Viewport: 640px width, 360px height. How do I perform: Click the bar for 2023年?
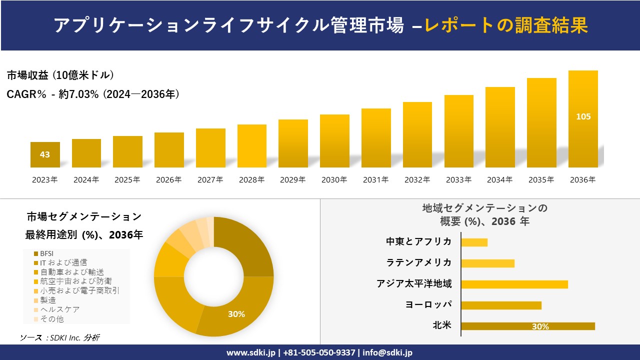[x=45, y=154]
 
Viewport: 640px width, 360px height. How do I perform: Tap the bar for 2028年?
[x=252, y=146]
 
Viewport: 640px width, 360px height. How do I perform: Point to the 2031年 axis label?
[x=375, y=180]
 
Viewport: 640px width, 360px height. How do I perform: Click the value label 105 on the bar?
[x=583, y=116]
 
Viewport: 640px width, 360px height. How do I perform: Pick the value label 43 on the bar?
[x=45, y=154]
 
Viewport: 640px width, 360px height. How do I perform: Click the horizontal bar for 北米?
[x=528, y=326]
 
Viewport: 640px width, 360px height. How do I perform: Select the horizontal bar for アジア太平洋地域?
[x=514, y=284]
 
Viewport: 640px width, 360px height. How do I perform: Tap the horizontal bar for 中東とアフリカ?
[x=474, y=242]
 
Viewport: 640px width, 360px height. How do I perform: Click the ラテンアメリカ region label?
[x=418, y=262]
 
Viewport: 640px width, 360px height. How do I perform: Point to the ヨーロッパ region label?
[x=428, y=304]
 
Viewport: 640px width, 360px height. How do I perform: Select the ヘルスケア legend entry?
[x=59, y=309]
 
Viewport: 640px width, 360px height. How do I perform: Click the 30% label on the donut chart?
[x=236, y=314]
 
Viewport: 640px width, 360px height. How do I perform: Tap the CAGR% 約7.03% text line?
[x=93, y=94]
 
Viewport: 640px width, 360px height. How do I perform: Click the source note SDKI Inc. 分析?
[x=60, y=338]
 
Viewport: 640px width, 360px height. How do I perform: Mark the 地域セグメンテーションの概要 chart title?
[x=484, y=214]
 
